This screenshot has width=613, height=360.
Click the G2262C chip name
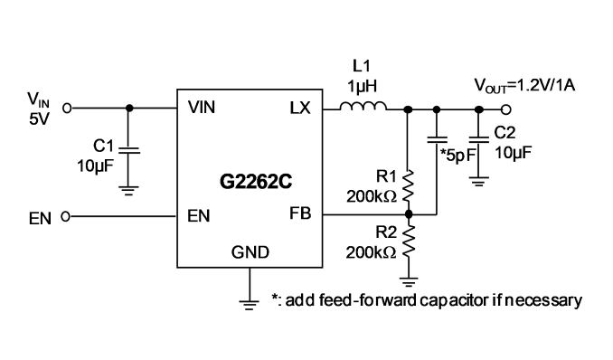256,182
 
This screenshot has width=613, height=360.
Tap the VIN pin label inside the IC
202,108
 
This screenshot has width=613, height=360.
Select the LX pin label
300,108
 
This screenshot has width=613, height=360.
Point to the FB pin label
300,213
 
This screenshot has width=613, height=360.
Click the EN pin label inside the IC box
199,215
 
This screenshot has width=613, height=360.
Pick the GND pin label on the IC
250,252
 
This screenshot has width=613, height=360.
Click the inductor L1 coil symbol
363,106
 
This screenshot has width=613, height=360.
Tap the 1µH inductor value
362,86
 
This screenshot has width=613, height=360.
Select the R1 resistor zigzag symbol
408,185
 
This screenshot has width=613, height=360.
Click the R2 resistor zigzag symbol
408,242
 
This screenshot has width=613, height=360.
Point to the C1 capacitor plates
129,150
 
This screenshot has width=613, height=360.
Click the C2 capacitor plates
478,139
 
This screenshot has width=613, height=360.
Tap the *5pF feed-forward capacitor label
457,156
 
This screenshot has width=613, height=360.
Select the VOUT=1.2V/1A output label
524,85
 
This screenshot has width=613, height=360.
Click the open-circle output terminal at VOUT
506,110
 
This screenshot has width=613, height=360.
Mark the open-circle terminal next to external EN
67,216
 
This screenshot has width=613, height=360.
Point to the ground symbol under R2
409,281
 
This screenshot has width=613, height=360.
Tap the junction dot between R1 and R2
409,214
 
